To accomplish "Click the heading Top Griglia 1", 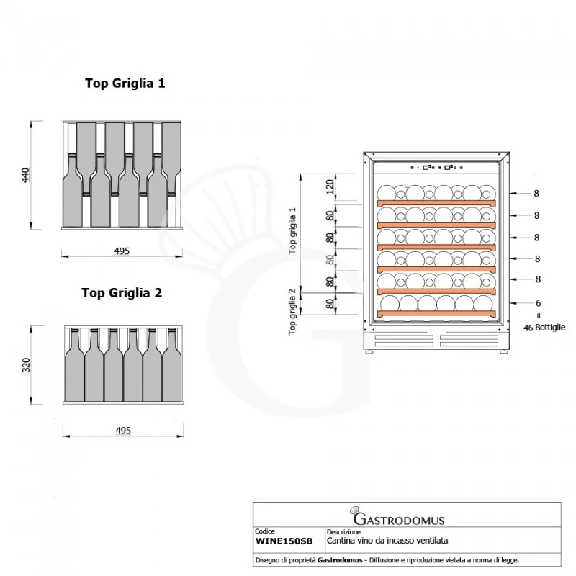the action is coord(125,84).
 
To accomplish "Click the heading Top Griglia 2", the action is coord(122,293).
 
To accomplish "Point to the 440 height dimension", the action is coord(25,175).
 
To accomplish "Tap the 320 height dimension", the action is coord(26,365).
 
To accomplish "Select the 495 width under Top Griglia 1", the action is coord(122,251).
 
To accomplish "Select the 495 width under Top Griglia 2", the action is coord(123,430).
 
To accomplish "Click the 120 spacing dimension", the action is coord(330,186).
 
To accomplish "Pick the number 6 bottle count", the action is coord(538,303).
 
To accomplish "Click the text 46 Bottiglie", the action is coord(544,328).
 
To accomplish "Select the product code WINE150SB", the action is coord(284,541).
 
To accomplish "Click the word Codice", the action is coord(265,531).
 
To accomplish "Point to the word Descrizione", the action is coord(343,531).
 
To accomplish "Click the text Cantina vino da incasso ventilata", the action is coord(387,541).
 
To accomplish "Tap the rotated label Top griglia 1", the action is coord(292,230).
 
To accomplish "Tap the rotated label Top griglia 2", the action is coord(292,312).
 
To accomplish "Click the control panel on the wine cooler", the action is coord(436,168).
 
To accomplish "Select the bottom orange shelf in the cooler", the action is coord(436,313).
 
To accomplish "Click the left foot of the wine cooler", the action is coord(369,351).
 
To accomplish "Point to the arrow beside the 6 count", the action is coord(520,303).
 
